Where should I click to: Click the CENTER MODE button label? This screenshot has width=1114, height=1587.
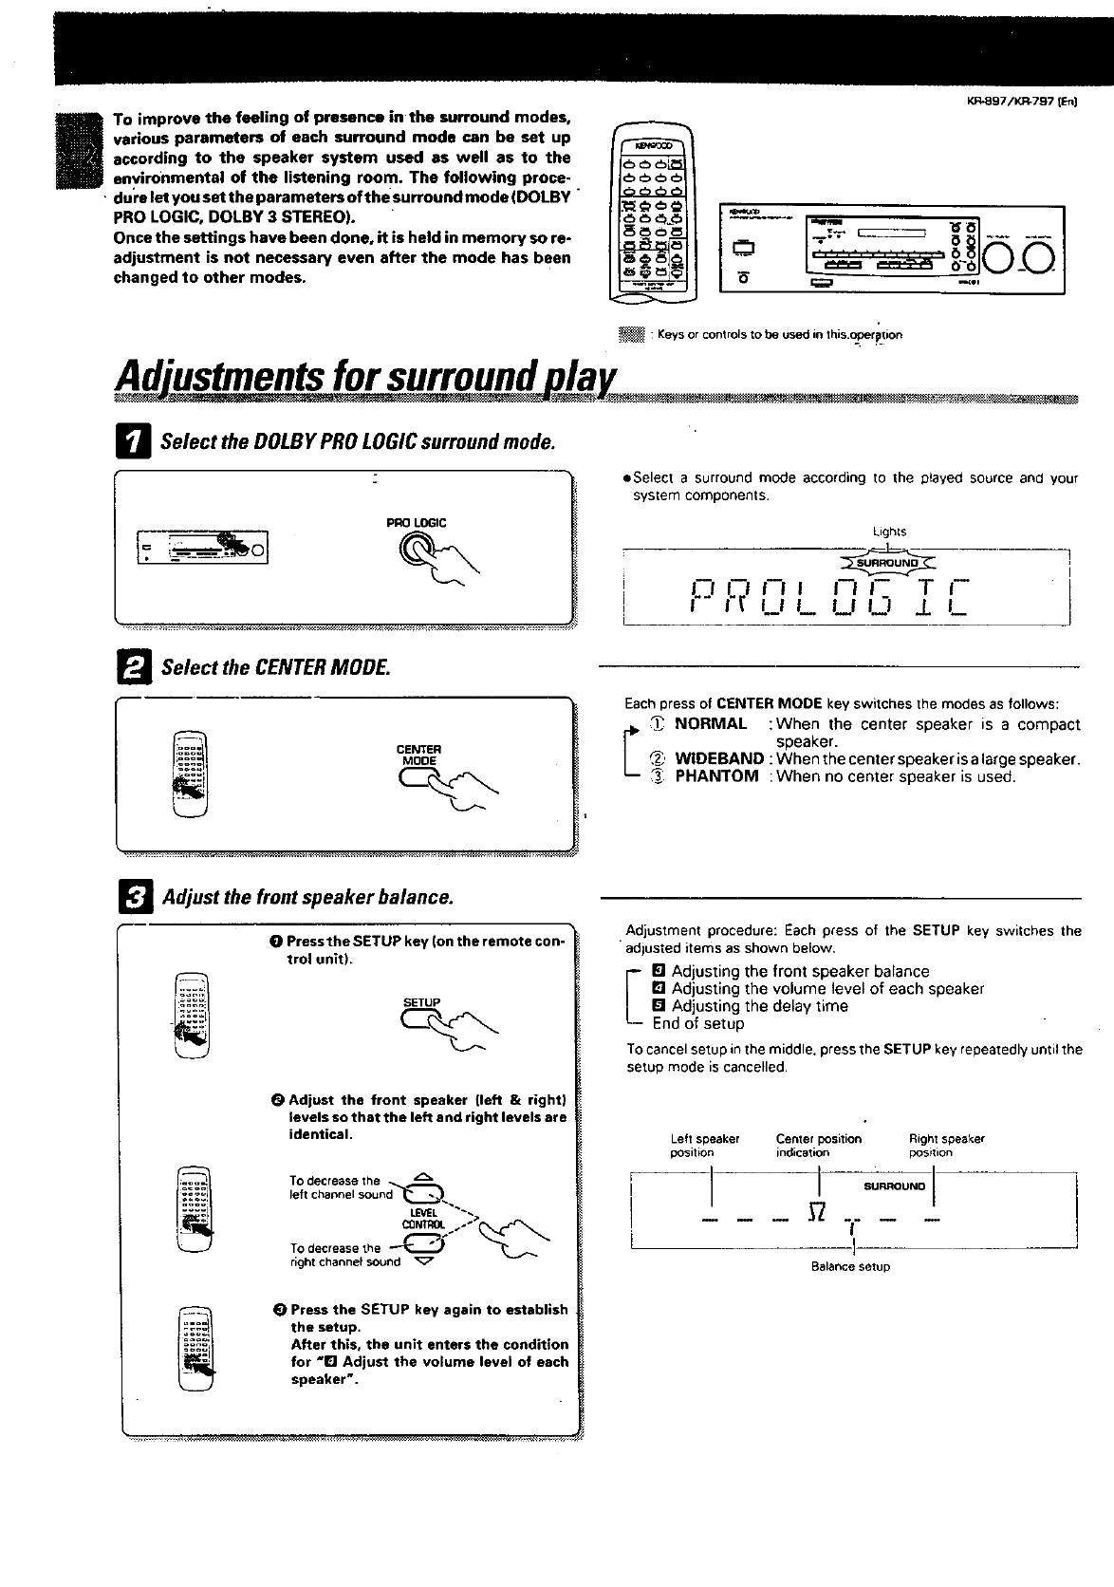[418, 755]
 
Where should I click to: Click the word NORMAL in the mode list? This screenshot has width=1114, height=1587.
[711, 724]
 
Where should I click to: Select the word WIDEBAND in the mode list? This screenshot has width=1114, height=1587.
[719, 759]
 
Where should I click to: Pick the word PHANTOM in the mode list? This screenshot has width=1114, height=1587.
[716, 776]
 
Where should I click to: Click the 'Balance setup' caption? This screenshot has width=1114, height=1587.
[850, 1266]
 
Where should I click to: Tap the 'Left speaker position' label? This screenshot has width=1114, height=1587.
[704, 1146]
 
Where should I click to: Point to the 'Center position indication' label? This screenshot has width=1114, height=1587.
[818, 1146]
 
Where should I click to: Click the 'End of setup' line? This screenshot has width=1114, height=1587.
[697, 1023]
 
